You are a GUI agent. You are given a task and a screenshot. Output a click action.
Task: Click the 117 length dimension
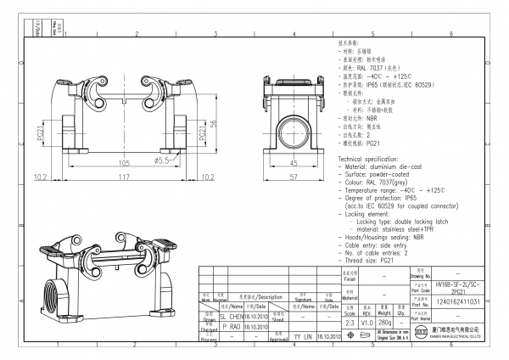123,177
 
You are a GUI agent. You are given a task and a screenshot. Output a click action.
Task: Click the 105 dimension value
123,161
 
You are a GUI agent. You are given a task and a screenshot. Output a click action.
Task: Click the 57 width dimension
294,177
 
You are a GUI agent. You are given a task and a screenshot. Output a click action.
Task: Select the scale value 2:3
349,322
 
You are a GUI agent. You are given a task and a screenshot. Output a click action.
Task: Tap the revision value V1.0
367,322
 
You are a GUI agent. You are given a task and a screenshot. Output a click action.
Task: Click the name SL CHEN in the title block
232,315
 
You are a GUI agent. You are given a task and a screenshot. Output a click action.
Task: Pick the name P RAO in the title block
230,325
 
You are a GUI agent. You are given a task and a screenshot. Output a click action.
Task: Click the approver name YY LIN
301,336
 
